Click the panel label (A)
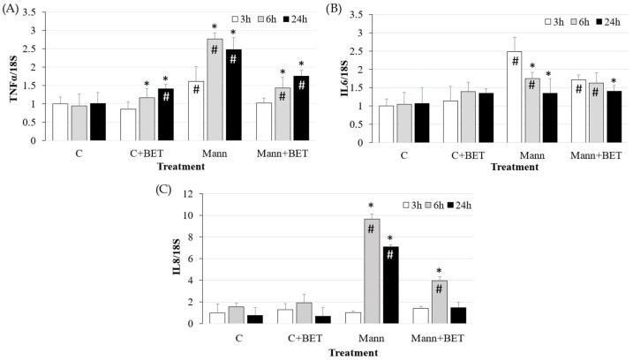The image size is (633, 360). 13,8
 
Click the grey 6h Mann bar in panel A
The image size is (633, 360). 214,88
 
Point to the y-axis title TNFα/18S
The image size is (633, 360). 14,76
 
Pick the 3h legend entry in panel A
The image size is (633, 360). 243,17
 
